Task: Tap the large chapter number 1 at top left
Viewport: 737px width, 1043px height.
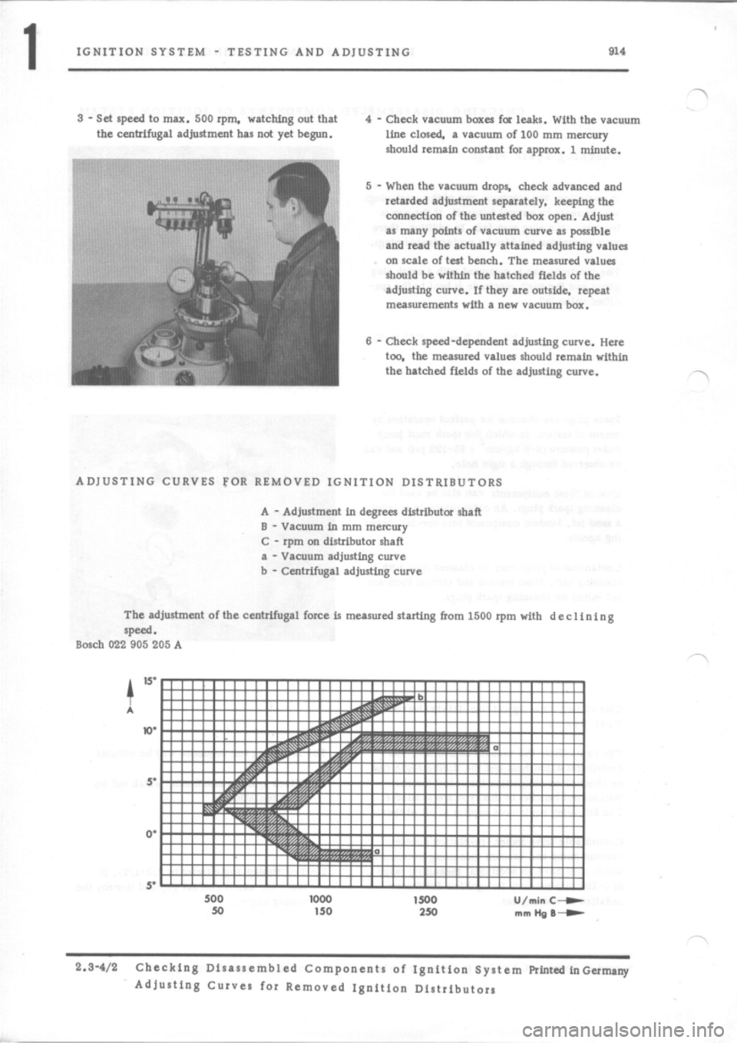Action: pos(28,57)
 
